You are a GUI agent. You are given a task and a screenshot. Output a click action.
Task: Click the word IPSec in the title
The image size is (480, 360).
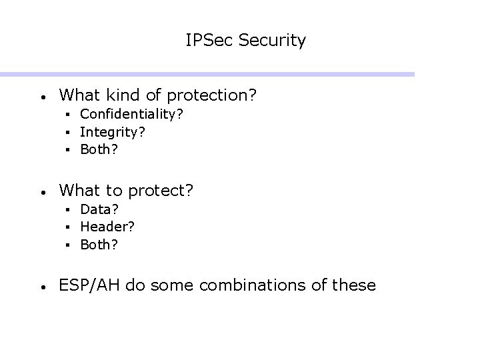tap(209, 41)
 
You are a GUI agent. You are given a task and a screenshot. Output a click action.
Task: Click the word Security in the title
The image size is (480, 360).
tap(272, 41)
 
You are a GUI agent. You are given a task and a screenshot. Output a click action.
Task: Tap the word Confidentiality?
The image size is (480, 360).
tap(132, 114)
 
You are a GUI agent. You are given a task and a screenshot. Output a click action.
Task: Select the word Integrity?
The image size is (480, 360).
tap(113, 132)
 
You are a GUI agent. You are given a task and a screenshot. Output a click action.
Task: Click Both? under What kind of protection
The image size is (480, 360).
tap(99, 149)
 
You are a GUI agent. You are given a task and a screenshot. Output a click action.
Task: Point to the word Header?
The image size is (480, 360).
tap(107, 227)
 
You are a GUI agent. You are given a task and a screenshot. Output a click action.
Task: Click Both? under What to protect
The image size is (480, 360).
tap(99, 244)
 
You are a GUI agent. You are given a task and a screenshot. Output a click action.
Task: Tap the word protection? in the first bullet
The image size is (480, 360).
tap(212, 95)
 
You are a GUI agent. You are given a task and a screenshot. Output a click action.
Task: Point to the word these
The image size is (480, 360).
tap(353, 285)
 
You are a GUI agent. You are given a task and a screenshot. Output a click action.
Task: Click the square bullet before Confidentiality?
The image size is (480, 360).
tap(69, 115)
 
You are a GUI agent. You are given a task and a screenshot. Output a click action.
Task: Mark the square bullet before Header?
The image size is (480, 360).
tap(69, 227)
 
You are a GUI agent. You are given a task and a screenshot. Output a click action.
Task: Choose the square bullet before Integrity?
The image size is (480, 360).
tap(69, 132)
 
